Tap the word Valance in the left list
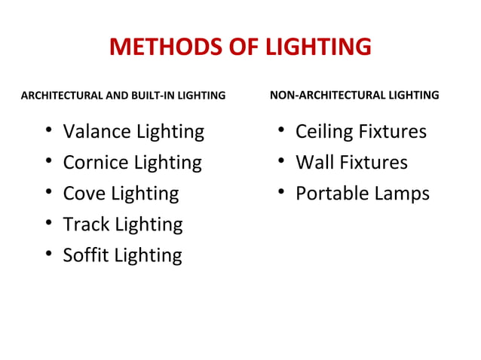(x=96, y=132)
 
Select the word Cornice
(x=95, y=163)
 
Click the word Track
(x=85, y=224)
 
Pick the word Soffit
(x=86, y=255)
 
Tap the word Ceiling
(x=325, y=132)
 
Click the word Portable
(x=332, y=194)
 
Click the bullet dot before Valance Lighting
(x=48, y=132)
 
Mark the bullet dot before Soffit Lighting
(x=48, y=255)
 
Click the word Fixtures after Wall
(x=373, y=163)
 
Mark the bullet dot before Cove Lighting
(x=48, y=194)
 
